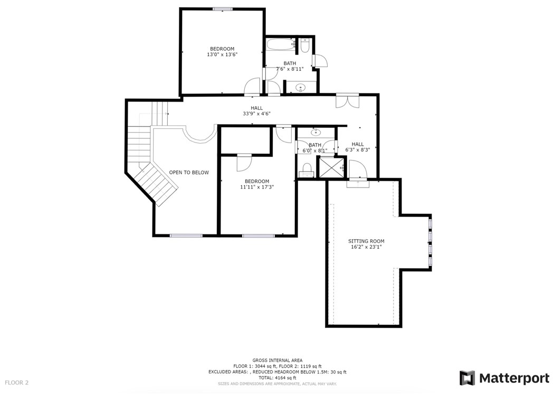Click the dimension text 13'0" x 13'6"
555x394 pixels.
coord(222,54)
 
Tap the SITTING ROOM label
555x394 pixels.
coord(366,241)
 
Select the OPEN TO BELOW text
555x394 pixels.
coord(189,173)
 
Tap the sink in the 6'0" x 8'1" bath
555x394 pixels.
coord(317,132)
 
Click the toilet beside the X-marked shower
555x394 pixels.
coord(307,170)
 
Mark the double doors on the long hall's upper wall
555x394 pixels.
coord(348,100)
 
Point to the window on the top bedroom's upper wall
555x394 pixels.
coord(223,8)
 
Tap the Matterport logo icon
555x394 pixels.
coord(467,378)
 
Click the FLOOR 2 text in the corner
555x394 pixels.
coord(17,382)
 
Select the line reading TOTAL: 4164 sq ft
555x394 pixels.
coord(277,378)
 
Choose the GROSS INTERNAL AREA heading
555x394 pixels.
coord(277,360)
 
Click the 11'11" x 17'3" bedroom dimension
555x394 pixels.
coord(257,187)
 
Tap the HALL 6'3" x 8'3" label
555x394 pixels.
coord(358,147)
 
